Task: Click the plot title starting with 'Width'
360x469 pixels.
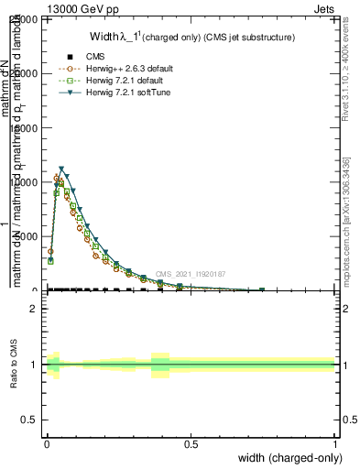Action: point(191,38)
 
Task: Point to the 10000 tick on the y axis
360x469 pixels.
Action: point(26,182)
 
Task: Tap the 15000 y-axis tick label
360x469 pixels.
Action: point(26,128)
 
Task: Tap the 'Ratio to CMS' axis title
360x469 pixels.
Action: point(14,365)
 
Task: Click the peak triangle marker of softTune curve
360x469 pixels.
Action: point(61,169)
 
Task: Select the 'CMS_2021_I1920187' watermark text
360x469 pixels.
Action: point(191,274)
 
